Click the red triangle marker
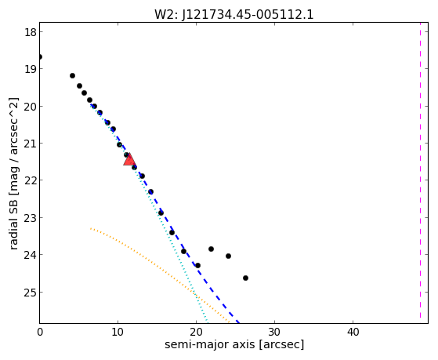[x=129, y=160]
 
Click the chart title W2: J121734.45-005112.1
[x=234, y=15]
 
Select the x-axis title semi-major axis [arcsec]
[x=234, y=344]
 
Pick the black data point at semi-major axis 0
[x=40, y=57]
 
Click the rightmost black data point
[x=245, y=278]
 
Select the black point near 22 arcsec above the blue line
[x=212, y=249]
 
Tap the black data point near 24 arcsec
[x=228, y=256]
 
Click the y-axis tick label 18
[x=31, y=32]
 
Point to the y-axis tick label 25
[x=31, y=293]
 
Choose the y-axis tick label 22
[x=31, y=180]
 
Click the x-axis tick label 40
[x=353, y=333]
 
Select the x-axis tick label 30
[x=274, y=333]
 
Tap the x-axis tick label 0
[x=40, y=333]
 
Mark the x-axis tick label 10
[x=118, y=333]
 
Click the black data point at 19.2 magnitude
[x=72, y=75]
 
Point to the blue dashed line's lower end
[x=239, y=323]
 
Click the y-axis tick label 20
[x=31, y=107]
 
